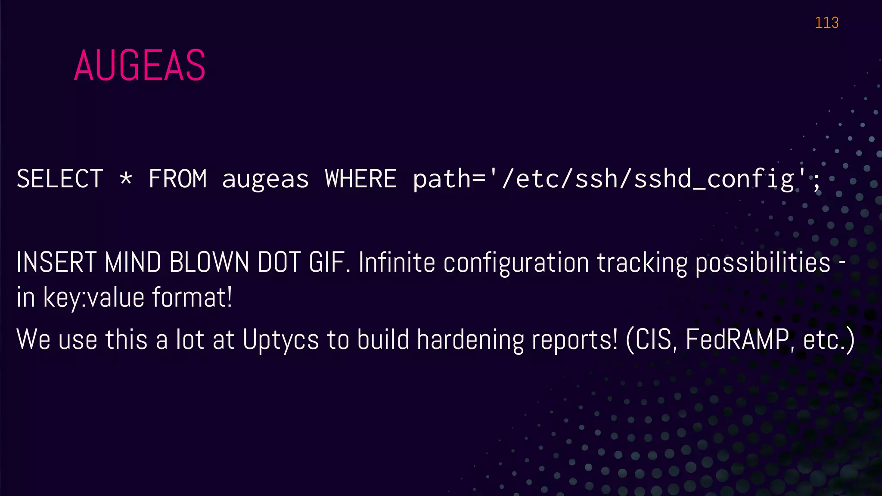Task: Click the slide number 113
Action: (826, 22)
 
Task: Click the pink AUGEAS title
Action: (140, 65)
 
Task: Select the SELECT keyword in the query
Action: (60, 179)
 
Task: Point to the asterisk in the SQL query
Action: (126, 178)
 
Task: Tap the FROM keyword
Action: (177, 179)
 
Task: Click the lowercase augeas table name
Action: (265, 180)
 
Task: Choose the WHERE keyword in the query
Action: (360, 179)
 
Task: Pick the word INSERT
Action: (56, 262)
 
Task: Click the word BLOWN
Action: (209, 262)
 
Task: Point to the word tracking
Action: (642, 263)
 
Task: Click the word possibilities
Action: (763, 263)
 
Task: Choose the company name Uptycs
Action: (281, 340)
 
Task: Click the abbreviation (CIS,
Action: (652, 340)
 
